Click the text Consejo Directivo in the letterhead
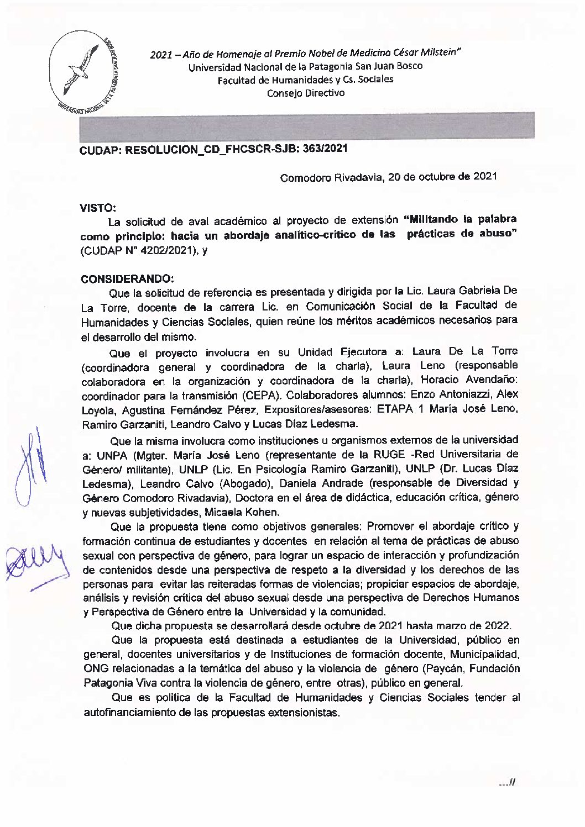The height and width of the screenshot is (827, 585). pos(305,93)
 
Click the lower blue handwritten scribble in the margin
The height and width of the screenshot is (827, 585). pos(33,563)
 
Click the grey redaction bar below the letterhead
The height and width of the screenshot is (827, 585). pos(307,125)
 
